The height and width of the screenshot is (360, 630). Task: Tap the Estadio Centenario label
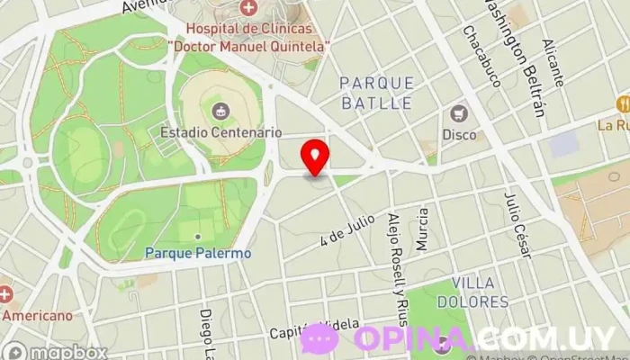(220, 131)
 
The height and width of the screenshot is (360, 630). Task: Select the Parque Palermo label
(198, 253)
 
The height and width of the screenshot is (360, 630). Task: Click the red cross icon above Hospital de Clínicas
(248, 8)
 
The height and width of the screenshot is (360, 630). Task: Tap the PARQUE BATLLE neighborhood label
(376, 93)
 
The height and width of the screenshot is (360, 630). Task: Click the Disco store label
(459, 135)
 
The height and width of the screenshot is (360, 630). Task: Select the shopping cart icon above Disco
(459, 114)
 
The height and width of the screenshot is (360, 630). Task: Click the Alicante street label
(553, 63)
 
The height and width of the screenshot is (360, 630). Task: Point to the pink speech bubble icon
(319, 338)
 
